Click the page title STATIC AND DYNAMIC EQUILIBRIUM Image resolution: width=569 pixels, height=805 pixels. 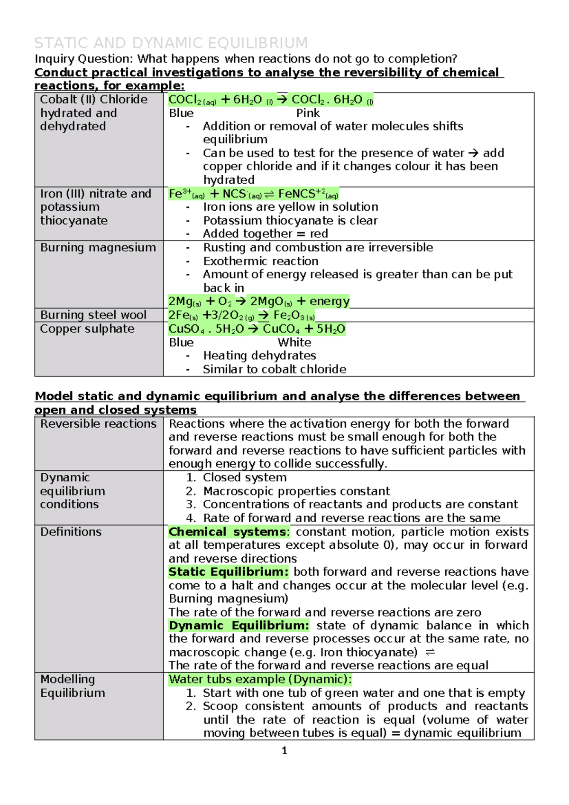coord(171,43)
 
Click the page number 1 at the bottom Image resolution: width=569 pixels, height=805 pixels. coord(284,750)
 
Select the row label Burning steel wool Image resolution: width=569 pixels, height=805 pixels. coord(93,315)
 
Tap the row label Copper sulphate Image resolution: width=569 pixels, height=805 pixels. coord(87,329)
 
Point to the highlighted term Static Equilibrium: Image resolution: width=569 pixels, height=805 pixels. coord(228,572)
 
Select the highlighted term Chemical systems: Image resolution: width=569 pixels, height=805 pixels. coord(228,532)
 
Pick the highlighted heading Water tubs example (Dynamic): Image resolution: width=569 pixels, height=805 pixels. coord(260,679)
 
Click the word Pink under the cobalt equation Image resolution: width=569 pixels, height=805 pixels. coord(308,113)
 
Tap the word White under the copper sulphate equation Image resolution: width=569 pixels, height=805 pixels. coord(294,342)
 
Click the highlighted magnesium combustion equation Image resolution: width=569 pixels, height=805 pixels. coord(258,301)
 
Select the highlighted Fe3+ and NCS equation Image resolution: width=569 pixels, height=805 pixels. coord(253,194)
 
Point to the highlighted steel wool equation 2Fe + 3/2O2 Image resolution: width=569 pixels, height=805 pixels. coord(241,315)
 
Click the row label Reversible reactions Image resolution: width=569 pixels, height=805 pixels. coord(98,424)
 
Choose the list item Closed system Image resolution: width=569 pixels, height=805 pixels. coord(244,477)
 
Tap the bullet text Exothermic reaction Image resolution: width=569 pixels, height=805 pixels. coord(260,261)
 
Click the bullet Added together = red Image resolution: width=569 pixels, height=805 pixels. coord(265,234)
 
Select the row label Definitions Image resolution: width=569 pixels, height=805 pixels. coord(71,532)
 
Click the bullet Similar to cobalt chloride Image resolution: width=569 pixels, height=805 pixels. coord(274,369)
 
